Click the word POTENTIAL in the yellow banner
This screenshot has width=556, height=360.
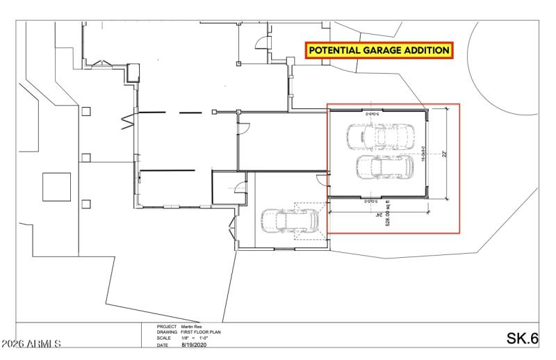pos(334,51)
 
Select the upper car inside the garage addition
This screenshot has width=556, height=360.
pos(381,136)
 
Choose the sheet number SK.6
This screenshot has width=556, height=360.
pos(522,338)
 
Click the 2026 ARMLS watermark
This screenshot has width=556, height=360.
pos(31,343)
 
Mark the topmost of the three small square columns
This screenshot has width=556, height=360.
pos(86,111)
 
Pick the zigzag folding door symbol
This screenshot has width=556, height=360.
pos(126,122)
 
